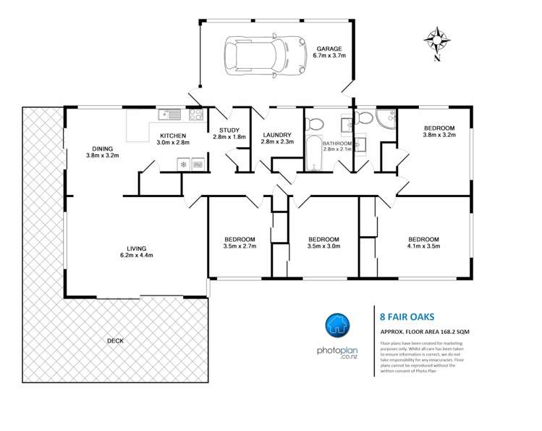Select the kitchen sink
171,114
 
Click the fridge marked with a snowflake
183,164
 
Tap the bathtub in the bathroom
313,152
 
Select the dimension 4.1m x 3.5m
423,247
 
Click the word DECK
114,340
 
